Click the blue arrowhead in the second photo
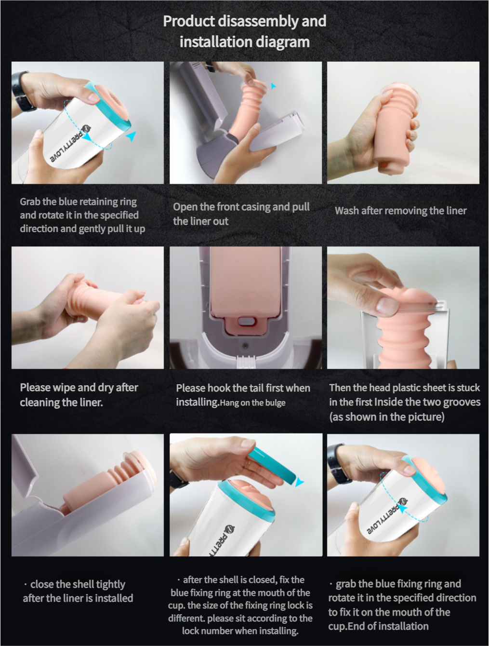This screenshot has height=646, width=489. coord(273,86)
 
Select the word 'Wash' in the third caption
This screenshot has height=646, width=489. coord(347,211)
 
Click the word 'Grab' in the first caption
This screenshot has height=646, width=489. coord(30,202)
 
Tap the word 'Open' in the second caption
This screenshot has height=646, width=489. coord(185,207)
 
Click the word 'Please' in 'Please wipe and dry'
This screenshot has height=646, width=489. coord(35,388)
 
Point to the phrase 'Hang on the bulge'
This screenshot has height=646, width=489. coord(252,403)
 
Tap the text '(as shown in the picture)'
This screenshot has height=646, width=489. coord(386,417)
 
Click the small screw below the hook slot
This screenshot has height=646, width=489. coord(245,345)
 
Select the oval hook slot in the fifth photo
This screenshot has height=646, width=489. coord(246,321)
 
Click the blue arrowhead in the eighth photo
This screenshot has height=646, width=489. coord(300,482)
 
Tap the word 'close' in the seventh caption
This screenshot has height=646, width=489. coord(42,584)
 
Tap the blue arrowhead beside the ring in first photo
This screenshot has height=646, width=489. coord(131,136)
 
